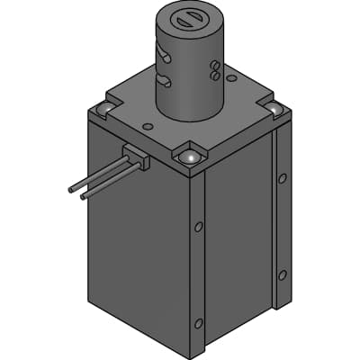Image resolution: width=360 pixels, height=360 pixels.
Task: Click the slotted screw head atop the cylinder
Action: [x=190, y=18]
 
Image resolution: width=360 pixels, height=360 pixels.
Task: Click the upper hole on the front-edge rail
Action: [x=198, y=227]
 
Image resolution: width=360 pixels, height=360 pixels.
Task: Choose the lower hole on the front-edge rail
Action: [x=199, y=322]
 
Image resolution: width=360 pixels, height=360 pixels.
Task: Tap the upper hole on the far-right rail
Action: [x=283, y=178]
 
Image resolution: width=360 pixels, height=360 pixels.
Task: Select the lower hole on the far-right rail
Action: [x=283, y=274]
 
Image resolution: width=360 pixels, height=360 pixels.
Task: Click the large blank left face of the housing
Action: [x=135, y=252]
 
